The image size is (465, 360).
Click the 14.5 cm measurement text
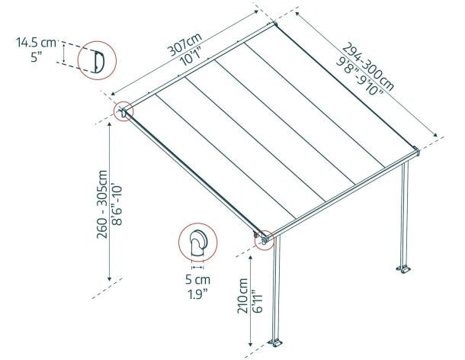tap(34, 43)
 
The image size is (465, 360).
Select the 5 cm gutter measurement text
tap(197, 279)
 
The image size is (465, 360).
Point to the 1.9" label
tap(197, 294)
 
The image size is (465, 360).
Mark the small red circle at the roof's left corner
tap(123, 111)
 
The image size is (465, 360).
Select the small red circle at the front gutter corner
tap(265, 238)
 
